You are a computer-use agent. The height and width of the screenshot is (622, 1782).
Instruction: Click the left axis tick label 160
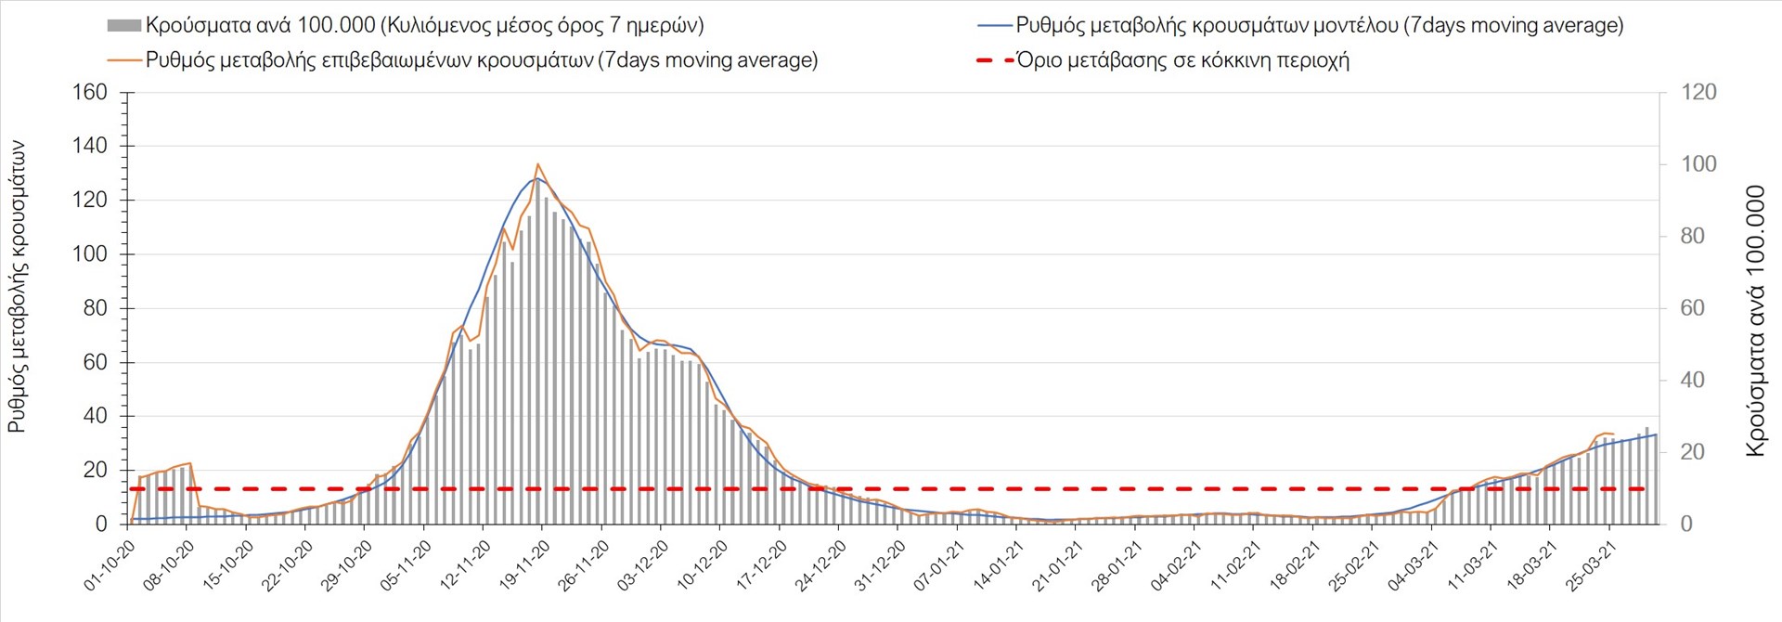tap(90, 92)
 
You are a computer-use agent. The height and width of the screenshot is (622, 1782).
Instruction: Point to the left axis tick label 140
tap(90, 146)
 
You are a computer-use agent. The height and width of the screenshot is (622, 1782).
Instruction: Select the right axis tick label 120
tap(1698, 92)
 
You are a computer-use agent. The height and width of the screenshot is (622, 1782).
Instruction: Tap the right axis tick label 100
tap(1698, 164)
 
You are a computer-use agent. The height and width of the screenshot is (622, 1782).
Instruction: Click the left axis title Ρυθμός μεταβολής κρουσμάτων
tap(18, 287)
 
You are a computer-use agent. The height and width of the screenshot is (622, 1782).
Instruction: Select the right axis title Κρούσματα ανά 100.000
tap(1755, 321)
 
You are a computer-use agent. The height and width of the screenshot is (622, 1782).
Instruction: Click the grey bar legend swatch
tap(124, 26)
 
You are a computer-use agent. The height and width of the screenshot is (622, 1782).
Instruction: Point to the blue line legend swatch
tap(994, 26)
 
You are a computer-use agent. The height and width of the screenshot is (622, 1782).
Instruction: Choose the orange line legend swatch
tap(124, 60)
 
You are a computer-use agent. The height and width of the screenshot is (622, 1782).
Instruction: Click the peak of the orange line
tap(539, 164)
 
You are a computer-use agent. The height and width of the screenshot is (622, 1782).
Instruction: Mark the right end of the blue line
tap(1657, 434)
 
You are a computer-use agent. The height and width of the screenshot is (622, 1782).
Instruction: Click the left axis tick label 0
tap(101, 525)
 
